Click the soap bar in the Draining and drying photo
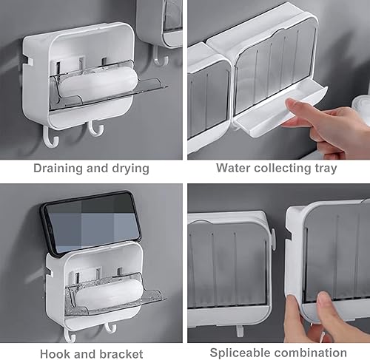coord(97,83)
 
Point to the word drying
coord(129,169)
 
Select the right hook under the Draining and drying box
coord(95,130)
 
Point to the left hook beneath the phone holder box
coord(70,335)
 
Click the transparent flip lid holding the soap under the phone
coord(141,299)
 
